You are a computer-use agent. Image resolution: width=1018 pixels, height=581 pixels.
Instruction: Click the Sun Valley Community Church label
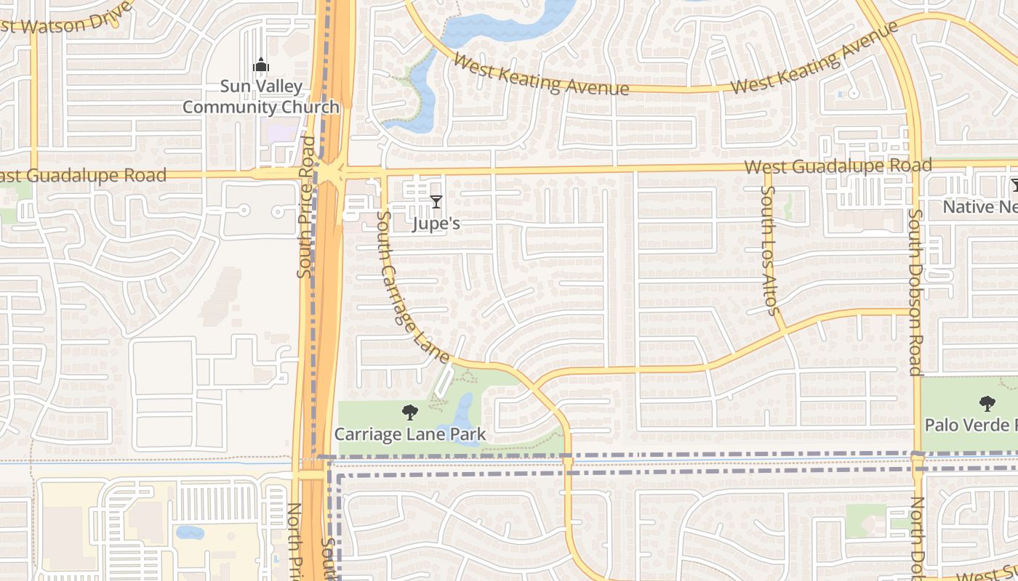pos(260,97)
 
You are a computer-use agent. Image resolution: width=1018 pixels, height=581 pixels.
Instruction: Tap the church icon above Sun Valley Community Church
pos(260,66)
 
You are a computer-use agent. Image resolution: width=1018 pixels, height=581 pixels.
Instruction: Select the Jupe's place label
pos(436,223)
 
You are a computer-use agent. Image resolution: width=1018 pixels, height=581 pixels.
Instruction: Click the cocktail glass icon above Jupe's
pos(436,201)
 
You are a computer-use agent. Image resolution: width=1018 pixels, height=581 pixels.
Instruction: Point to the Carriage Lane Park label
pos(410,435)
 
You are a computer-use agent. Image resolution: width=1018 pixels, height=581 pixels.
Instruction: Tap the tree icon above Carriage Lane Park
pos(410,413)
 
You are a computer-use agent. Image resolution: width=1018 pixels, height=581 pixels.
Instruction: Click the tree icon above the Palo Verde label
pos(987,403)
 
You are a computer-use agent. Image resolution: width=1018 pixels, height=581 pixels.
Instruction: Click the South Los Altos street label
pos(769,251)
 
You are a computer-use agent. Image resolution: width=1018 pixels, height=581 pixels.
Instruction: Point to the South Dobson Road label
pos(915,293)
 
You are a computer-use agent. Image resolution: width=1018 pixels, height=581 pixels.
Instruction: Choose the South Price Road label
pos(307,207)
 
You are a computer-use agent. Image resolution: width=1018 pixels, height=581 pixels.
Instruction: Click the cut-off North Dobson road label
pos(918,537)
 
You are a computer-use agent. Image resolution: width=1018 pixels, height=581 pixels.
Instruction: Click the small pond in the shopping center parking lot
pos(190,532)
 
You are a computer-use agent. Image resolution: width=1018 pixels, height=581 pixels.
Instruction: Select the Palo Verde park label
pos(971,424)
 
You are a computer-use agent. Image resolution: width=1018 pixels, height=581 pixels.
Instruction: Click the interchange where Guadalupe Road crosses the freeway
pos(331,173)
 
